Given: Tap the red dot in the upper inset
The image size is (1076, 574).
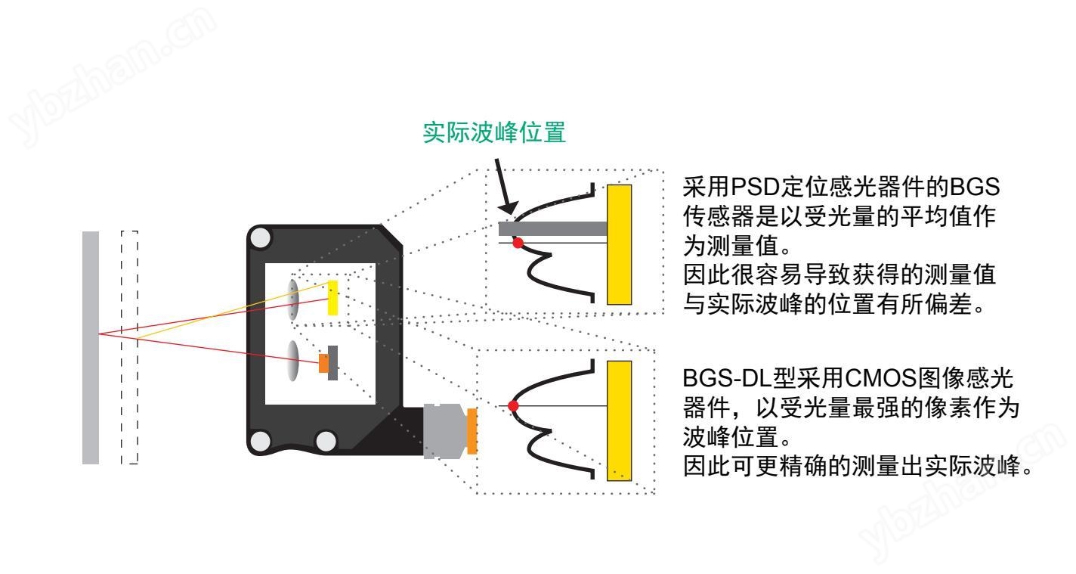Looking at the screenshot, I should pos(518,243).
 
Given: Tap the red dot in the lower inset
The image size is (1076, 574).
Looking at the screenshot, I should pos(514,406).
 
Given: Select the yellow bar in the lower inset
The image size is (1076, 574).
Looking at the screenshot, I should pos(619,420).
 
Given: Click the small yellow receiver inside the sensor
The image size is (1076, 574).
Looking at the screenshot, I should pos(332,298).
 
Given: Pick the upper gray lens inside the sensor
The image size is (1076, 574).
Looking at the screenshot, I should pos(294,299).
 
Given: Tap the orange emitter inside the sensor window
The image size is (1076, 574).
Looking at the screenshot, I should pos(323,363).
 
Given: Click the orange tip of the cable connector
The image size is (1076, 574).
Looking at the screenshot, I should pos(472,432).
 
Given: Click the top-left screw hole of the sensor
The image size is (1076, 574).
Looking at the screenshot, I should pos(261,240).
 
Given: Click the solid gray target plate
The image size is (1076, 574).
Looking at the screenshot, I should pos(91,347).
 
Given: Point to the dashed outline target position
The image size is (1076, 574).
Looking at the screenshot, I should pos(129,347).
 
